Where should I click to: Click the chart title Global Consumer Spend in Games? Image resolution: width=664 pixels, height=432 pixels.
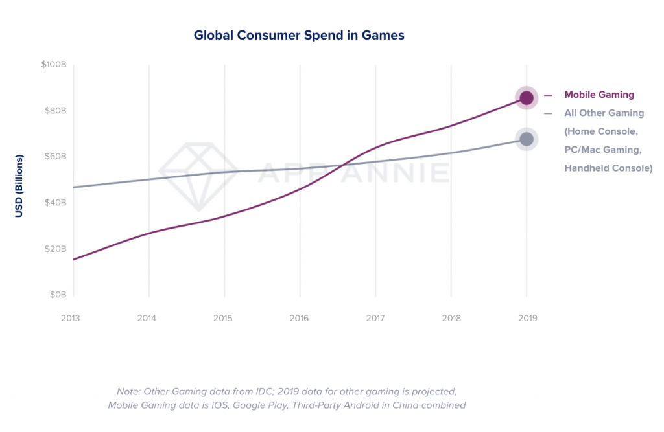point(299,35)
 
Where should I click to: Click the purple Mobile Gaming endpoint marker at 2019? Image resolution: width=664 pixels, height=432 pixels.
point(527,98)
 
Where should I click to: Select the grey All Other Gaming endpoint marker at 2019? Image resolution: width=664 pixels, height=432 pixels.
point(527,139)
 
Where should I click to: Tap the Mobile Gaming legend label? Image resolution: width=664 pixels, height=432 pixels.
point(599,95)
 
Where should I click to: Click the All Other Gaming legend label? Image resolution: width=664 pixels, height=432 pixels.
point(604,113)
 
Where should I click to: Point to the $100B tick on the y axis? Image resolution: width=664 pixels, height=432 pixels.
point(54,65)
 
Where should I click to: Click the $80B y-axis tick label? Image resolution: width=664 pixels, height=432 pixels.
point(55,111)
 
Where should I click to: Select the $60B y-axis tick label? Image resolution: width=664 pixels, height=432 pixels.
point(55,157)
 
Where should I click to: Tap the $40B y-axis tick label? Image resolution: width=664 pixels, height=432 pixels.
point(55,203)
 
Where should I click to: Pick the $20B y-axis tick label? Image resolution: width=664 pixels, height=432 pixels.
point(55,249)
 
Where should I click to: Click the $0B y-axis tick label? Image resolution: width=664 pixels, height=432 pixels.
point(57,295)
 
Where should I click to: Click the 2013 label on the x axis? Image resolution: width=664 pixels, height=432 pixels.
point(73,318)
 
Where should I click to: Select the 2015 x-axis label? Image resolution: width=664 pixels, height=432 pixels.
point(224,318)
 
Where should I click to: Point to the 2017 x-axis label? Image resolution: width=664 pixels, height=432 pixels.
point(375,318)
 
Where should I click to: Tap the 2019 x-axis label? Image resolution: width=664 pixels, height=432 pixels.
point(526,318)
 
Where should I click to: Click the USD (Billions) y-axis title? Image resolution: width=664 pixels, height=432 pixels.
point(19,186)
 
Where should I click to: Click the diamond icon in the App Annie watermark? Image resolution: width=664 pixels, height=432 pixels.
point(198,172)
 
